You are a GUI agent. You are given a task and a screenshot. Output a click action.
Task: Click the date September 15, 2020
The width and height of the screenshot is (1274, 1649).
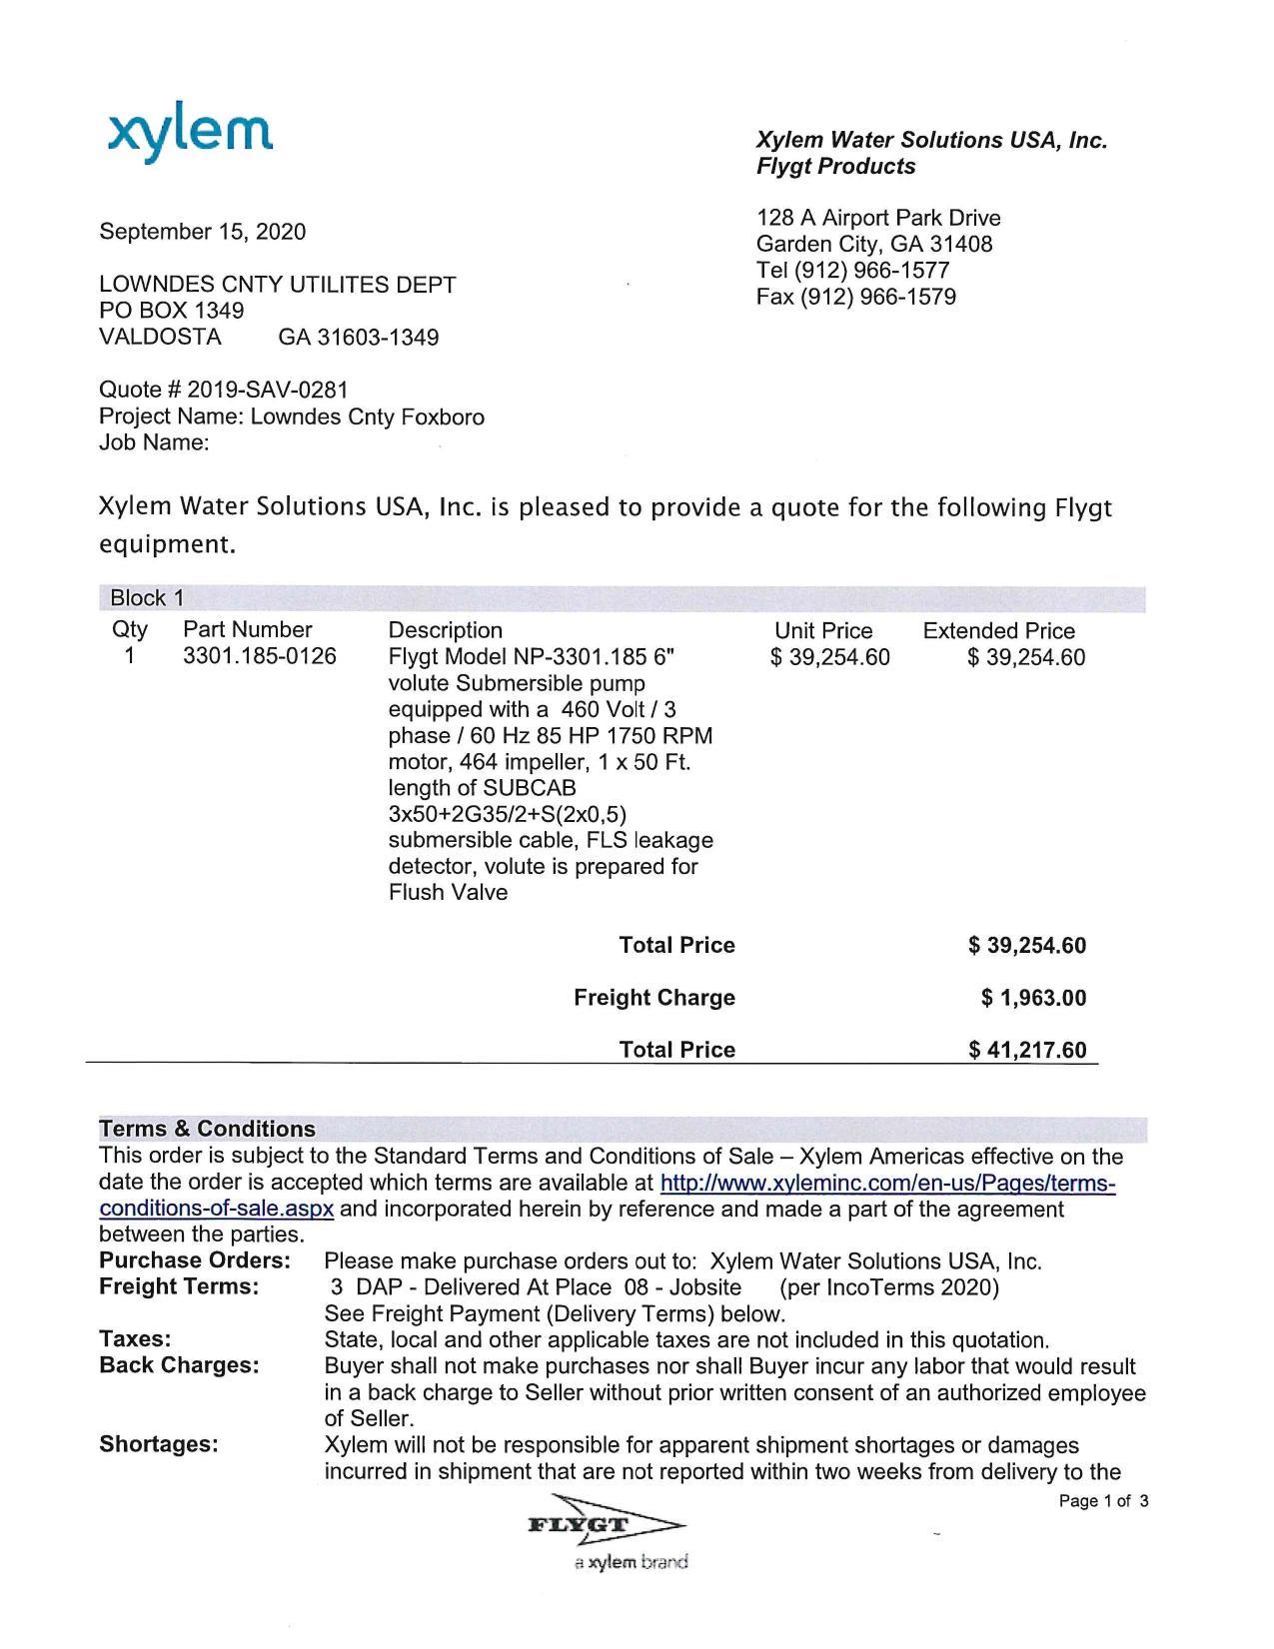tap(202, 232)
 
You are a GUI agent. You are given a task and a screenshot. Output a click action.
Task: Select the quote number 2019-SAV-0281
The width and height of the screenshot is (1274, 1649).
tap(267, 390)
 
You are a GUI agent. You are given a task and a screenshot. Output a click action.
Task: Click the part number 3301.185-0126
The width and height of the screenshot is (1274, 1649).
tap(260, 656)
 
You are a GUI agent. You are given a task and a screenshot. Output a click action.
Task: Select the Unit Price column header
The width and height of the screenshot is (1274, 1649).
tap(823, 631)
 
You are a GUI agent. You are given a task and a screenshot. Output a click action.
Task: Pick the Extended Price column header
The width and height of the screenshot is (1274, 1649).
tap(998, 631)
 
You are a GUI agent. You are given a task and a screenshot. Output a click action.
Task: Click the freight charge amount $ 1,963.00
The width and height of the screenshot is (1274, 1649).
tap(1033, 998)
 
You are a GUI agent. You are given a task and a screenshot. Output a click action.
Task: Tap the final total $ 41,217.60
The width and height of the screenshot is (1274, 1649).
tap(1027, 1050)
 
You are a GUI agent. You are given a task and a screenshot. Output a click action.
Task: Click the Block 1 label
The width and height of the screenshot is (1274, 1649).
tap(147, 598)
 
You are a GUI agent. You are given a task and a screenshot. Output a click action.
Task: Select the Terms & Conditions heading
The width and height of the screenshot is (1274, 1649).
tap(207, 1129)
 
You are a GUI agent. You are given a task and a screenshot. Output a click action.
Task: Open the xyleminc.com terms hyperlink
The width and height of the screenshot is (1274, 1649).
tap(887, 1184)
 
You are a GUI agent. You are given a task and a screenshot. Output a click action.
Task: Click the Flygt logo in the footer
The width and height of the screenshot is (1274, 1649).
tap(604, 1525)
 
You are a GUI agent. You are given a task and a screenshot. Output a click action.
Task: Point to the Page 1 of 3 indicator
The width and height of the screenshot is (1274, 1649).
tap(1103, 1501)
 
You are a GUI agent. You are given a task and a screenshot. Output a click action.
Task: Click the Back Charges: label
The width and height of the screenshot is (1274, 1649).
tap(179, 1365)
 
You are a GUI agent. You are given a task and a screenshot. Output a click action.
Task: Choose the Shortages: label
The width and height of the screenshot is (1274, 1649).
tap(158, 1444)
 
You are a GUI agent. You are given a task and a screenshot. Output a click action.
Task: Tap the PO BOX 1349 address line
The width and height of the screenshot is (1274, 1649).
tap(171, 311)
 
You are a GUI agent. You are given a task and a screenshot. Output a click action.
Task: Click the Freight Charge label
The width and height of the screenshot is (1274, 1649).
tap(653, 998)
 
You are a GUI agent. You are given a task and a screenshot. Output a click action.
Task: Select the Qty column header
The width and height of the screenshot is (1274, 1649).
tap(129, 629)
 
